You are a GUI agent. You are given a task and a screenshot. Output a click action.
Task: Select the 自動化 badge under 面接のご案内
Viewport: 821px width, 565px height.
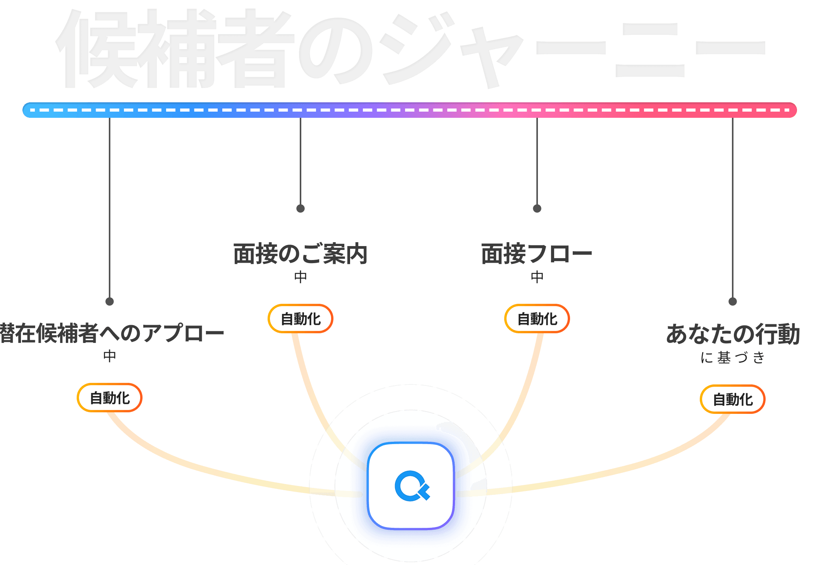(x=301, y=319)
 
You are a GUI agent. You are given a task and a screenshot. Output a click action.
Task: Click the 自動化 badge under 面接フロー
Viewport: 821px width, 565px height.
(x=537, y=319)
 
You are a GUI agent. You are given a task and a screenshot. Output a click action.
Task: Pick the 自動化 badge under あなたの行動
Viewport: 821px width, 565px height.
(x=733, y=400)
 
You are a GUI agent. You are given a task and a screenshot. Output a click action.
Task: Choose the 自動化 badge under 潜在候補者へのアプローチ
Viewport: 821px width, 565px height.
(x=110, y=398)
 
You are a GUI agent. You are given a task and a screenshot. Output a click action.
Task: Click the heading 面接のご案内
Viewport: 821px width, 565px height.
(x=301, y=254)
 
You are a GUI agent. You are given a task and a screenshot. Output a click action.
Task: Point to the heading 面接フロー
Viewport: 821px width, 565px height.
(x=537, y=254)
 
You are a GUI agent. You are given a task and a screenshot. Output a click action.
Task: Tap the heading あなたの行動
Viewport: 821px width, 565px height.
(x=733, y=334)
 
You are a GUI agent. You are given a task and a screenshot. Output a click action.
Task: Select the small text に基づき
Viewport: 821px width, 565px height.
(x=733, y=357)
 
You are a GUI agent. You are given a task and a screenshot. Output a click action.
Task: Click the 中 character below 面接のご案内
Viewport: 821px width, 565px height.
(x=301, y=277)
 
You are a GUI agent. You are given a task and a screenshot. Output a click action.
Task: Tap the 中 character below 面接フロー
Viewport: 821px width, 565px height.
(x=537, y=277)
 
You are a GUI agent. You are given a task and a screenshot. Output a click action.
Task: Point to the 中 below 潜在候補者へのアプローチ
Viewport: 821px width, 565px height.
(x=110, y=356)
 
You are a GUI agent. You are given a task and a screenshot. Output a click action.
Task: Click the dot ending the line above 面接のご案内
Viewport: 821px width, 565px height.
(x=301, y=208)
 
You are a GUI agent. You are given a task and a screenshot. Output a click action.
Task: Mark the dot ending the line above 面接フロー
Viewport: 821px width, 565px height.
(x=537, y=208)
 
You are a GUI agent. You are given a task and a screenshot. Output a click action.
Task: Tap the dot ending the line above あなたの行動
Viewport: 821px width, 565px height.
(x=733, y=301)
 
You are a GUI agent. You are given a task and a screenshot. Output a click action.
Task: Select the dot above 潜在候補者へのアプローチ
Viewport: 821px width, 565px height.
(x=110, y=301)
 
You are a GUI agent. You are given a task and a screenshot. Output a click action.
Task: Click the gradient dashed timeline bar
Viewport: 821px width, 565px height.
(x=410, y=110)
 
